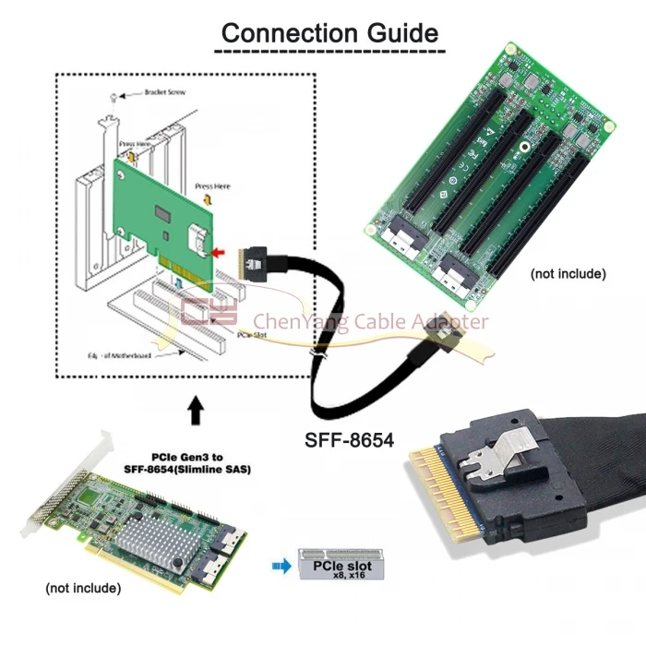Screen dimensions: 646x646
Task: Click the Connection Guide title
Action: pos(329,33)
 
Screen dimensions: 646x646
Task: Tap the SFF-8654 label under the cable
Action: pos(350,440)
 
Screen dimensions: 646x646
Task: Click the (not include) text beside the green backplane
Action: pos(568,273)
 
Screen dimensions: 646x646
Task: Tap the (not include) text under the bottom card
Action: pos(83,587)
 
